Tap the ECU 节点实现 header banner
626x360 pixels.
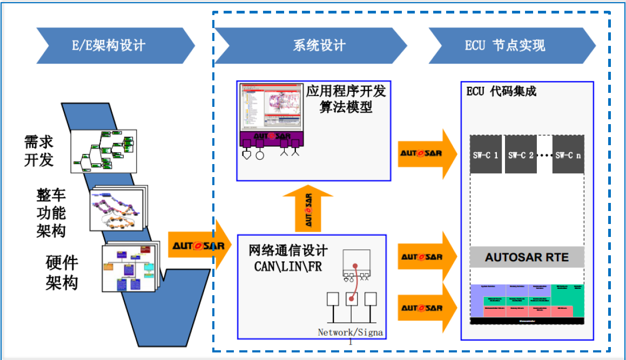[x=504, y=46]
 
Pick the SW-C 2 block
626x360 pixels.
[x=521, y=154]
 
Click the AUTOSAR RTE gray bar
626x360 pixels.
[x=527, y=257]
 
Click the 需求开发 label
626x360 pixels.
[x=39, y=151]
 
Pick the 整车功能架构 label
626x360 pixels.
[x=51, y=213]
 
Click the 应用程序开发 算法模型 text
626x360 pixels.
[x=346, y=99]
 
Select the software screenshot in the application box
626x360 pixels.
[x=270, y=108]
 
